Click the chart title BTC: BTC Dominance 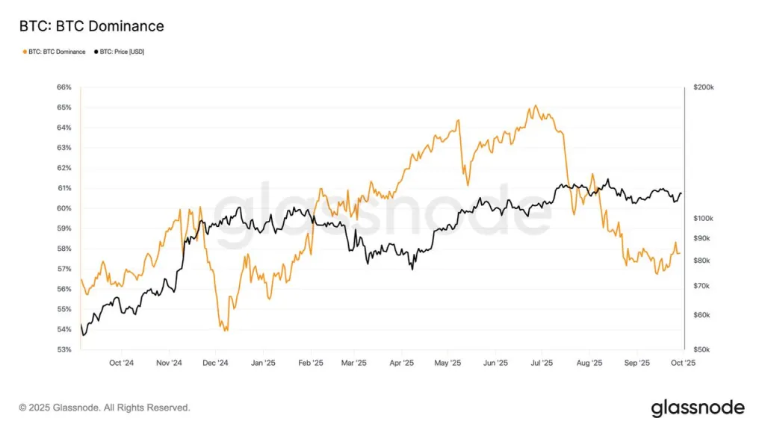pos(91,27)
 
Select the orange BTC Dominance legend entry pos(54,52)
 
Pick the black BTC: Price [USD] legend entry pos(119,52)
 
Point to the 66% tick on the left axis pos(64,87)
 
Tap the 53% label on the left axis pos(64,349)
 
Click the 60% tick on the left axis pos(64,208)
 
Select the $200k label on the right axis pos(704,87)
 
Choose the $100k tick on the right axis pos(704,218)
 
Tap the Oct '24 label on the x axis pos(121,364)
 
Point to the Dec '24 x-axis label pos(215,364)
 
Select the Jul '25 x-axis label pos(542,364)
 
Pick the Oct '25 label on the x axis pos(684,364)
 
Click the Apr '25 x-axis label pos(402,364)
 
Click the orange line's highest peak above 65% pos(535,106)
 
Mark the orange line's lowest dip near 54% pos(225,330)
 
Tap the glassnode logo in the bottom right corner pos(698,408)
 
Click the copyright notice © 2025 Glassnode pos(105,408)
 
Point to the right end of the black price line pos(681,193)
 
